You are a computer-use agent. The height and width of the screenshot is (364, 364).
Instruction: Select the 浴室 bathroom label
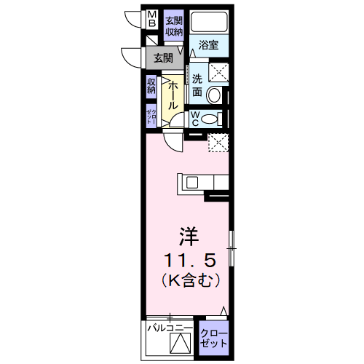click(x=209, y=45)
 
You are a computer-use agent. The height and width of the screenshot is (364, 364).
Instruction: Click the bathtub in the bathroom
click(x=210, y=23)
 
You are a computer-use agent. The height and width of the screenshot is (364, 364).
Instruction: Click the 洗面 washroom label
click(x=197, y=85)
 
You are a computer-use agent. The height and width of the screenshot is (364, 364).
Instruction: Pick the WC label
click(x=197, y=119)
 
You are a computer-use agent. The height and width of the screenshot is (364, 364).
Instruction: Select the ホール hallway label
click(x=174, y=95)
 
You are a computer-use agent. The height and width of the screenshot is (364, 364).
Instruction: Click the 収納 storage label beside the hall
click(x=151, y=87)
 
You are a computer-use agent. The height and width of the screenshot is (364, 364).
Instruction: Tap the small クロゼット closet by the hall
click(x=151, y=115)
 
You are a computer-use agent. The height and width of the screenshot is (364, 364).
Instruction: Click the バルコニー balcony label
click(x=167, y=329)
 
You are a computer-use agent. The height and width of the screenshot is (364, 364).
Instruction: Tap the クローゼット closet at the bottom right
click(x=215, y=339)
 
